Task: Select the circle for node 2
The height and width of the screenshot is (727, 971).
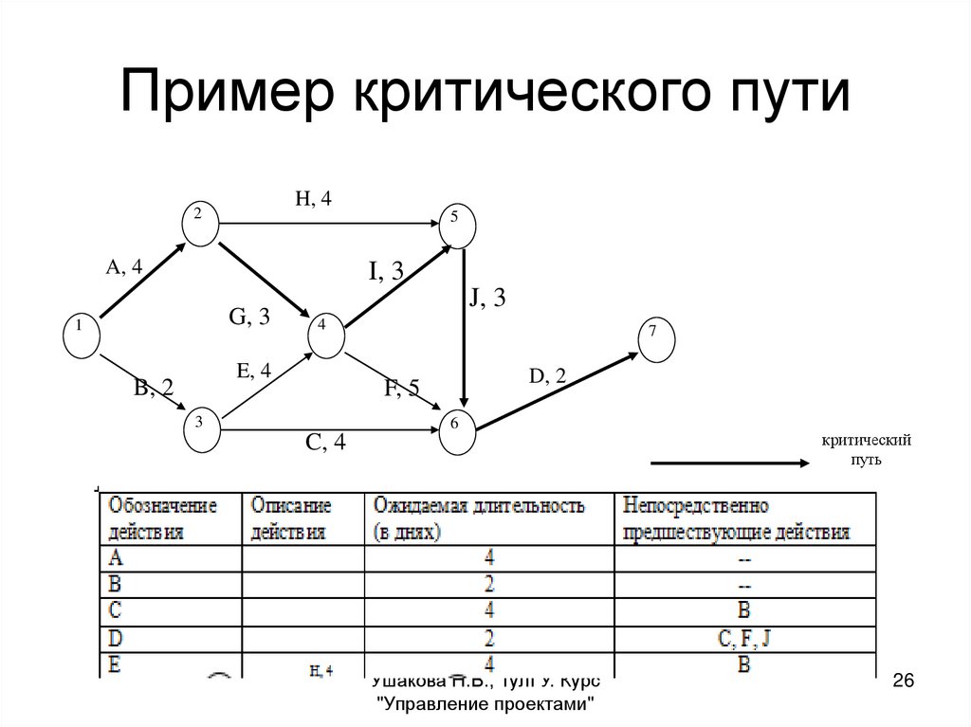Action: (199, 221)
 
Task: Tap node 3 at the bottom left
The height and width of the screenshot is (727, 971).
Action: (200, 426)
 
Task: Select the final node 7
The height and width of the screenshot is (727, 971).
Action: (655, 337)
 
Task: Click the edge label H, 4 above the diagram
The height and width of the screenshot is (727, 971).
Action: (314, 198)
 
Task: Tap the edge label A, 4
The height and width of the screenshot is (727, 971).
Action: (124, 267)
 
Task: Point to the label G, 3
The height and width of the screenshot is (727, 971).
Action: (249, 317)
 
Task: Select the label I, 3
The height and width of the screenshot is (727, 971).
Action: (387, 272)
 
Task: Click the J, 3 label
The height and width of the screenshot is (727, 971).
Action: (486, 298)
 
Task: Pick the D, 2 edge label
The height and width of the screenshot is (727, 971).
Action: (548, 376)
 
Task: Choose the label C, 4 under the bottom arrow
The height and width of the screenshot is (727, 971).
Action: (325, 442)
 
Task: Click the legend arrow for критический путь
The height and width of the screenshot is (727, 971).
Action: (728, 463)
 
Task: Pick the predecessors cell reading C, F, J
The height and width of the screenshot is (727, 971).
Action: (744, 638)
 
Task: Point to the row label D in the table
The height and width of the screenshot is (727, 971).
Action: (116, 637)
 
